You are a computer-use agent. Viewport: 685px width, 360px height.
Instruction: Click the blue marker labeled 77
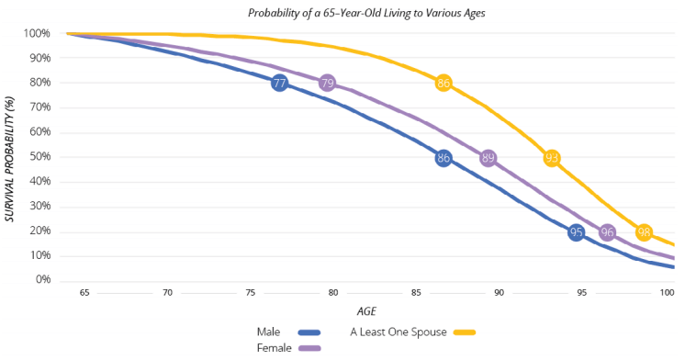click(280, 84)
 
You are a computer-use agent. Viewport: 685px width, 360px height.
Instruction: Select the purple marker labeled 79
click(328, 84)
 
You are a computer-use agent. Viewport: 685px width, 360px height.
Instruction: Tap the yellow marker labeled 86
click(444, 84)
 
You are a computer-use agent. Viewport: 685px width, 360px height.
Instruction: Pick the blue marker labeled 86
click(444, 158)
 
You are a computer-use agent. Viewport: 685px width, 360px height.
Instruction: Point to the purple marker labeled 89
click(488, 158)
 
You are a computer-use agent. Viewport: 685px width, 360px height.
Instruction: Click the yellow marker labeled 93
click(552, 158)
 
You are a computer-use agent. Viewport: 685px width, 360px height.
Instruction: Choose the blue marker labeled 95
click(577, 232)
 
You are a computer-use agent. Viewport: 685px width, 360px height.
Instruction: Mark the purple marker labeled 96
click(607, 232)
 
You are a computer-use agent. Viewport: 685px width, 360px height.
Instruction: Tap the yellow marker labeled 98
click(645, 232)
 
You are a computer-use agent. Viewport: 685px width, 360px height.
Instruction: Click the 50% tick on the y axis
click(37, 157)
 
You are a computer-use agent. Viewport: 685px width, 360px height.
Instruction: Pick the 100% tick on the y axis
click(35, 34)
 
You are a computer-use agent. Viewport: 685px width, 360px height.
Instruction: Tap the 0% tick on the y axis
click(39, 280)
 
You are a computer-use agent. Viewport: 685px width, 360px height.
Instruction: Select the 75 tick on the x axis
click(251, 293)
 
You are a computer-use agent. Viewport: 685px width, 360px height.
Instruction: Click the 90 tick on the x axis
click(500, 293)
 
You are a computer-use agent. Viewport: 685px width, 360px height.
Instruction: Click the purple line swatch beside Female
click(309, 349)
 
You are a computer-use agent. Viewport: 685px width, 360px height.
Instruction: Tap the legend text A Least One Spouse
click(399, 332)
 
